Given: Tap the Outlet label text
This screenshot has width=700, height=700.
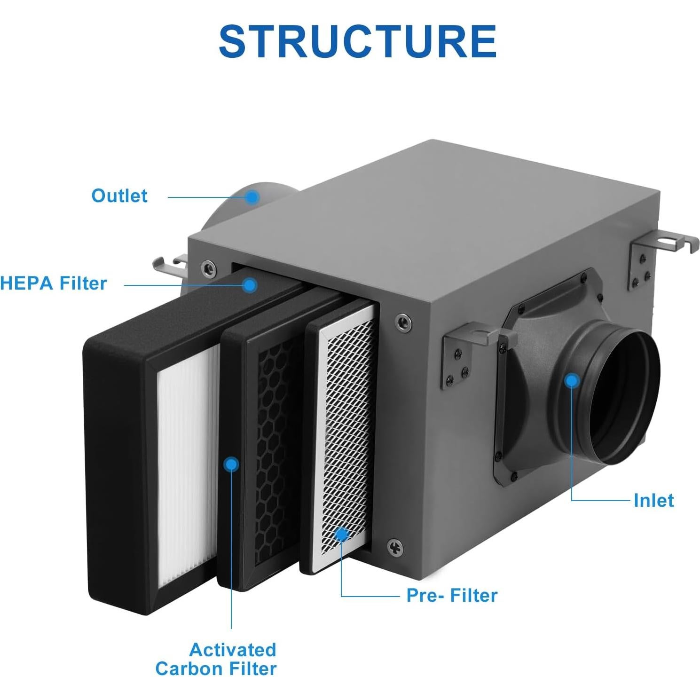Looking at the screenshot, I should (119, 196).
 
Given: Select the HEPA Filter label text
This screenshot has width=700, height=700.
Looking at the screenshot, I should (54, 283).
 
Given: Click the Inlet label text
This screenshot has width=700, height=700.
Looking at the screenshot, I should (653, 500).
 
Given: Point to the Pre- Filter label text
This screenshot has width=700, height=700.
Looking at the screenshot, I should (452, 595).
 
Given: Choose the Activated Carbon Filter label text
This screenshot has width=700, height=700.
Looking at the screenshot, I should (216, 659).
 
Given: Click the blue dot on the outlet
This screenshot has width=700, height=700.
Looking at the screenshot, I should (252, 197).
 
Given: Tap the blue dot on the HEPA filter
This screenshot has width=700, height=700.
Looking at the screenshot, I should (250, 284).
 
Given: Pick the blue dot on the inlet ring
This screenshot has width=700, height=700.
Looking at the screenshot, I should (572, 380).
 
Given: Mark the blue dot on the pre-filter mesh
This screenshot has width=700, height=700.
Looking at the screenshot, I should (341, 535).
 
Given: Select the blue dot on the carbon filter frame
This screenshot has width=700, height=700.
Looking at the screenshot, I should (231, 464).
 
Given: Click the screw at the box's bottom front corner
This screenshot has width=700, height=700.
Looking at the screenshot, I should (394, 547).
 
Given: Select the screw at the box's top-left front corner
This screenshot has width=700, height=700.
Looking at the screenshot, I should (208, 268).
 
